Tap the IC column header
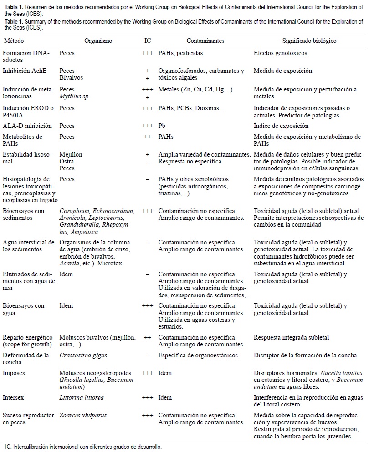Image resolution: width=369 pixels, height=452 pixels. pos(147,41)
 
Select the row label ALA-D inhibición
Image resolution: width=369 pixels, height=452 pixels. pos(27,126)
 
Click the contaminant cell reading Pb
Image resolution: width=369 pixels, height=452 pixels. pos(162,126)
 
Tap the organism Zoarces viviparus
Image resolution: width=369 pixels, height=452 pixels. pos(81,416)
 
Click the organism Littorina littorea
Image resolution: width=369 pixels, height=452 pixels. pos(82,397)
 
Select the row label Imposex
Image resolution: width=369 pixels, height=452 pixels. pos(13,373)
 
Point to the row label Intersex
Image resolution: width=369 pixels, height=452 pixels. pos(13,397)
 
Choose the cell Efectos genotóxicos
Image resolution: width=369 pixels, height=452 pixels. pos(280,53)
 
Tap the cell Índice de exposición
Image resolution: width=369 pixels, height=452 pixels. pos(281,126)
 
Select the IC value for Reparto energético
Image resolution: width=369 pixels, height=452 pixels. pos(147,337)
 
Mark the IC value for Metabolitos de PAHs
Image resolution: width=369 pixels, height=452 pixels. pos(147,137)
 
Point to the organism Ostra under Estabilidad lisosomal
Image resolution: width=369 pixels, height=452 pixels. pos(67,162)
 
